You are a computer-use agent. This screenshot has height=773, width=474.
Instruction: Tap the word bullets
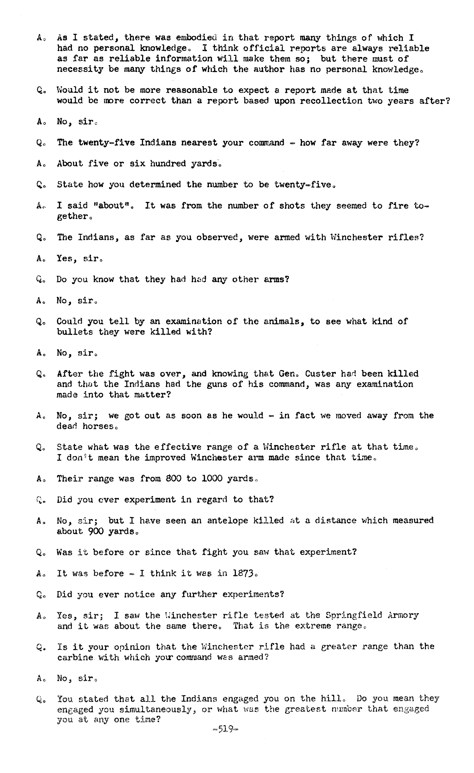tap(75, 332)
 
